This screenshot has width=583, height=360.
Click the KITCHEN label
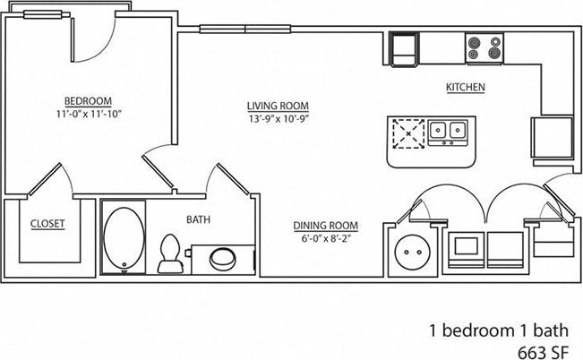(466, 88)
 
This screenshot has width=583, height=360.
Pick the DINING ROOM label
(326, 226)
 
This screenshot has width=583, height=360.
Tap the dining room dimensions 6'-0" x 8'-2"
(326, 238)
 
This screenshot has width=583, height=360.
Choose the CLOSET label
(47, 224)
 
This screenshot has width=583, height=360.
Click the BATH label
(198, 219)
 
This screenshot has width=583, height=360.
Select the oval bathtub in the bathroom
(122, 236)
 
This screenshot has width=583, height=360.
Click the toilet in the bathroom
(167, 253)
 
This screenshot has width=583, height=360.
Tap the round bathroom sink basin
(221, 260)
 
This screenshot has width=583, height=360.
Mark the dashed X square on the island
(408, 134)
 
